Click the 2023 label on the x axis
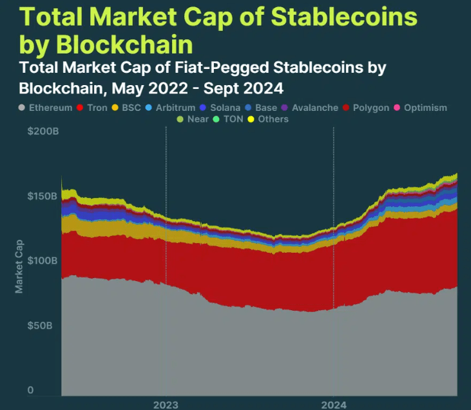coord(166,405)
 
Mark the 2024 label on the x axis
coord(333,405)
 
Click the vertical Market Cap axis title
coord(19,265)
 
